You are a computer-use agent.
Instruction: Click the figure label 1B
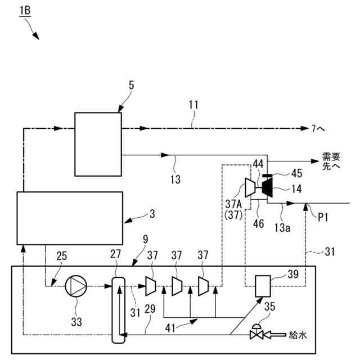pyautogui.click(x=25, y=10)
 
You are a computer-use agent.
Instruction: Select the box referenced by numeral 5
pyautogui.click(x=98, y=143)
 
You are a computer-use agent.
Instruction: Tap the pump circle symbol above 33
pyautogui.click(x=76, y=286)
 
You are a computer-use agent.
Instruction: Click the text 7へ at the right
pyautogui.click(x=318, y=129)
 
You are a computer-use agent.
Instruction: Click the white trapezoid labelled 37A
pyautogui.click(x=247, y=188)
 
